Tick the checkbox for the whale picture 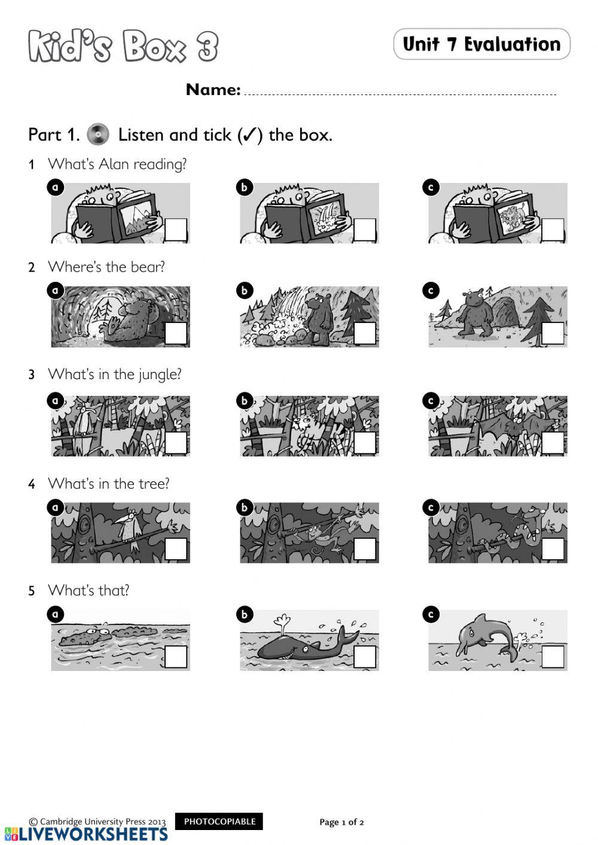[364, 657]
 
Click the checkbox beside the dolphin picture [553, 657]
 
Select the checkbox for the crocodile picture [176, 657]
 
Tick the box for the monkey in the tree [364, 549]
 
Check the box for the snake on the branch [553, 549]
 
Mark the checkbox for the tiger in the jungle [364, 443]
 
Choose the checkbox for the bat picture [553, 443]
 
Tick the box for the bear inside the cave [176, 333]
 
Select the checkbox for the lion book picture [553, 230]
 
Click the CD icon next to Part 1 [97, 135]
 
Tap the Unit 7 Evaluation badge [482, 44]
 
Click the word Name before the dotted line [213, 90]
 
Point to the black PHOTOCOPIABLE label [219, 821]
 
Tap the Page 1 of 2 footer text [341, 822]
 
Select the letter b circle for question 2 [245, 291]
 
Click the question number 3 [32, 375]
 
